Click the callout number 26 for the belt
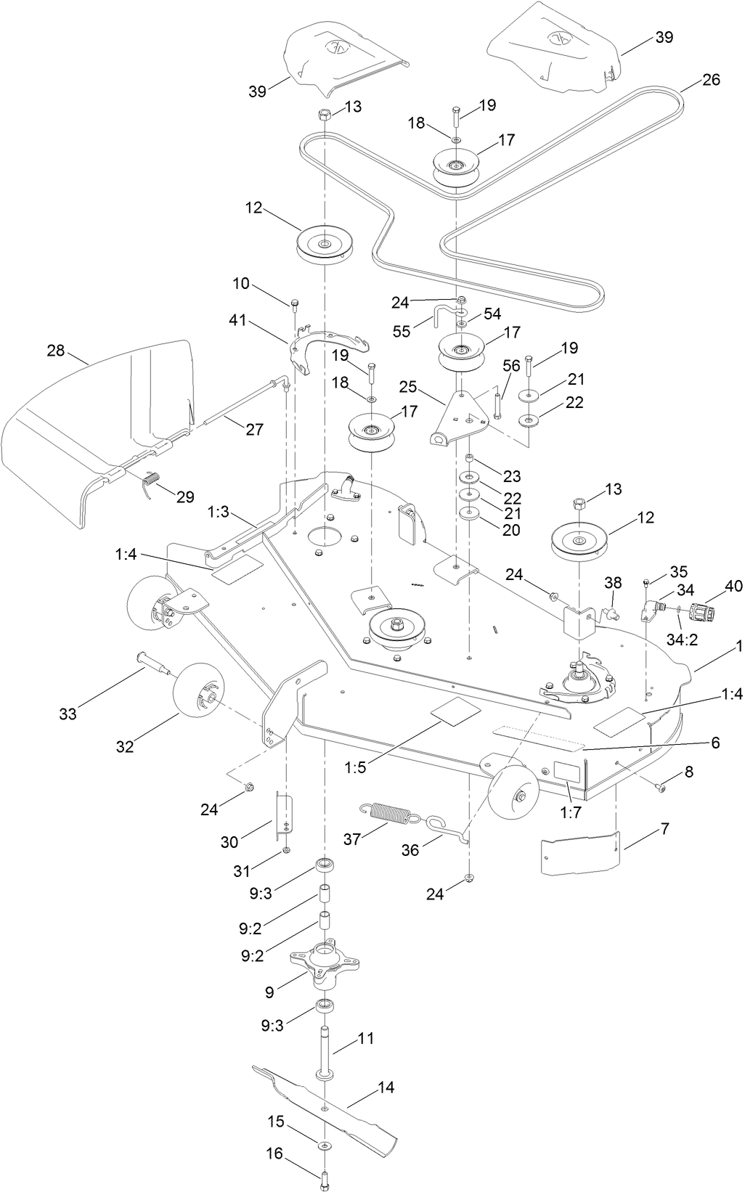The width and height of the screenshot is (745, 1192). coord(711,79)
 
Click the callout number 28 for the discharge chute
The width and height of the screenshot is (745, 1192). coord(56,351)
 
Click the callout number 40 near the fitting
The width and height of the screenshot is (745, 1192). coord(733,586)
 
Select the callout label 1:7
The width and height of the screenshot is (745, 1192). coord(571,812)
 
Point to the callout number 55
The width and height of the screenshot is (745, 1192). coord(402,331)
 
